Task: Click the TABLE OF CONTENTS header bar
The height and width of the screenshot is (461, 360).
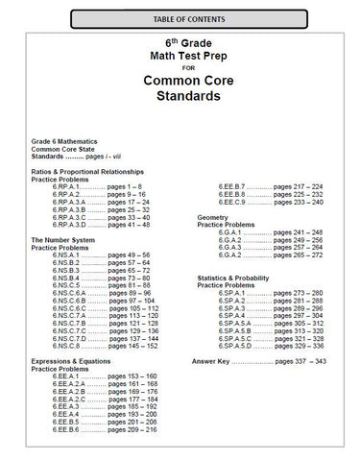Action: click(x=180, y=18)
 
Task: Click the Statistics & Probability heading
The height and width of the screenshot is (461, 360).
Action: click(x=241, y=278)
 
